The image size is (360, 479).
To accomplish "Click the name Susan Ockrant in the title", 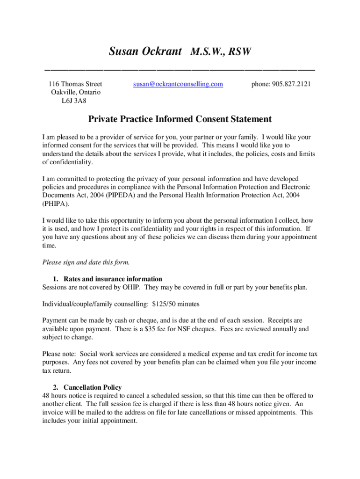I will [x=145, y=51].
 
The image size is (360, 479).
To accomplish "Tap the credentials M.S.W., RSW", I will [x=221, y=51].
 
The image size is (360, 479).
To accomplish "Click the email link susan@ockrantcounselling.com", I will [x=178, y=84].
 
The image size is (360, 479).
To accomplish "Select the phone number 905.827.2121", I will [x=281, y=84].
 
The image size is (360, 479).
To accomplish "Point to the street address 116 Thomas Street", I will [x=75, y=84].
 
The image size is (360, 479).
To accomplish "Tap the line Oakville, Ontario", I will [x=75, y=92].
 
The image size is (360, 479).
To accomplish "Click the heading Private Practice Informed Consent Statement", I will [x=180, y=119].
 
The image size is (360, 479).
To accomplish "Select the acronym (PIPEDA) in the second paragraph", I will [x=123, y=195].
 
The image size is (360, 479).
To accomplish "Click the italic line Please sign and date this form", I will [x=86, y=261].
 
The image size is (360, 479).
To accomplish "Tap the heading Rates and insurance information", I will [x=113, y=279].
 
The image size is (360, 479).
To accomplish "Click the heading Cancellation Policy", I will [x=93, y=387].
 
